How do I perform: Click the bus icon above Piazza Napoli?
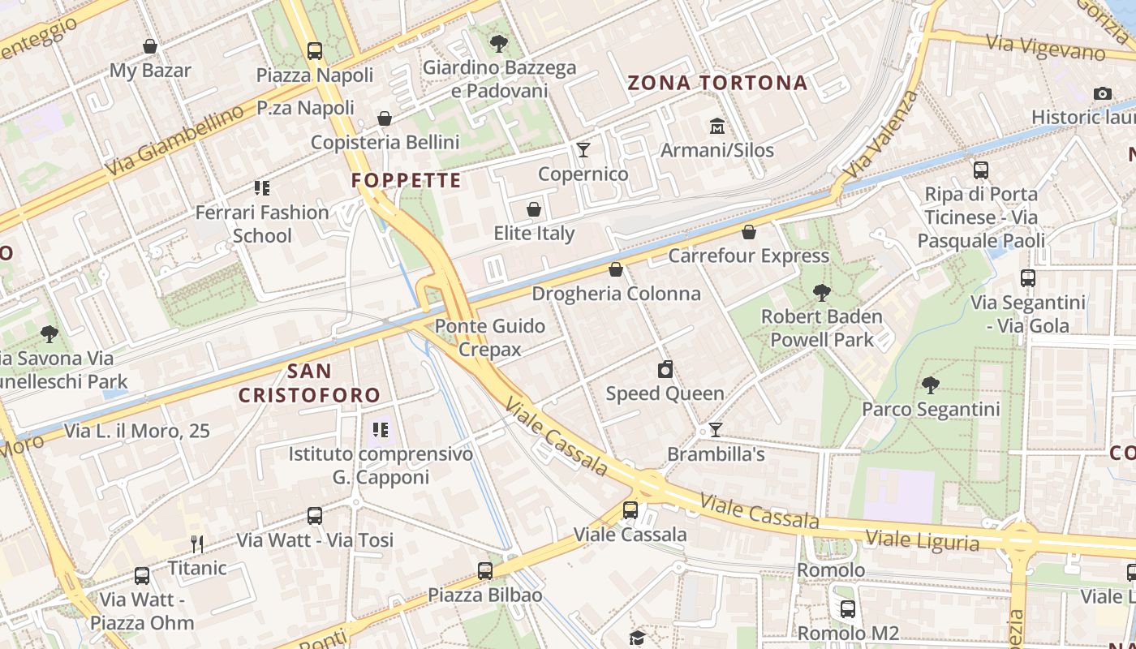(315, 51)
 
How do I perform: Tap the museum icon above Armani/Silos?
(717, 127)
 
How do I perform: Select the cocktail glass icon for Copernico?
(583, 150)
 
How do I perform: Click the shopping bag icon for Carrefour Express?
(748, 233)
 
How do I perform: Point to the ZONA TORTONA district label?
(717, 83)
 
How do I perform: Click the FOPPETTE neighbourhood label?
(406, 180)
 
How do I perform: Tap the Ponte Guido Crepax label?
(490, 337)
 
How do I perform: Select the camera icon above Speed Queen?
(665, 370)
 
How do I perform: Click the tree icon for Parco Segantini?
(931, 385)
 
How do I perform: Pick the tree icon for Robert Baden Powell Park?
(822, 293)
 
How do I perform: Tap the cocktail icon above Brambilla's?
(715, 430)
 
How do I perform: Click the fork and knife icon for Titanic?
(196, 544)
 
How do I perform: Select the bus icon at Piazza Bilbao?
(485, 571)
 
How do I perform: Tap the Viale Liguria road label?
(923, 540)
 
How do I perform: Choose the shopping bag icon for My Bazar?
(150, 47)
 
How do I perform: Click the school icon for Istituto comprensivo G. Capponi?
(380, 430)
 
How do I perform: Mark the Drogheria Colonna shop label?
(616, 294)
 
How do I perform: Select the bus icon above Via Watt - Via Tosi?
(315, 516)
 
